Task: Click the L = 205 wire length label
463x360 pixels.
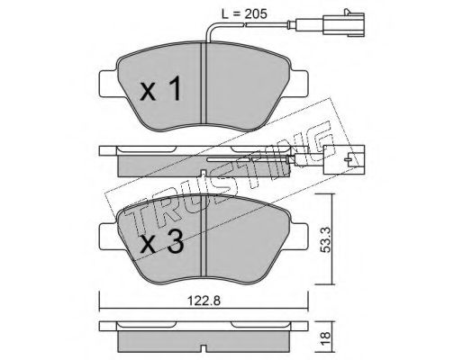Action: [x=244, y=13]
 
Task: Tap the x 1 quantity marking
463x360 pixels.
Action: [x=160, y=88]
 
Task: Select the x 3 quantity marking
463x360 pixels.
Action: [x=161, y=243]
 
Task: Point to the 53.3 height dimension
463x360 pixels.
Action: [x=326, y=239]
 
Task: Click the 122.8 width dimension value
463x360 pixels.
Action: [x=204, y=300]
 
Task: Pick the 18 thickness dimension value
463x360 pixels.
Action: [x=326, y=338]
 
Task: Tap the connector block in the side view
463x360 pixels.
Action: [x=344, y=159]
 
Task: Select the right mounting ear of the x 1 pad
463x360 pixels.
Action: [x=299, y=84]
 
